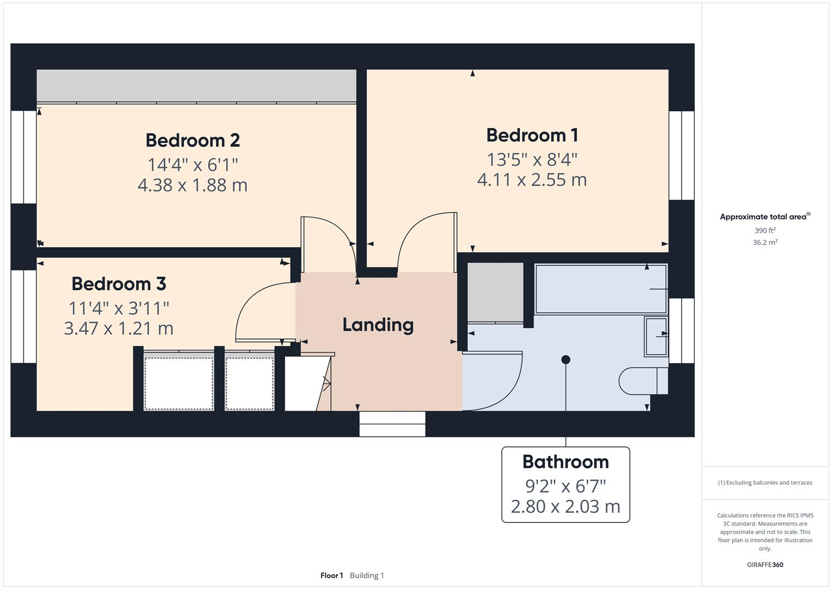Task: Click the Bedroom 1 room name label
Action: (x=532, y=135)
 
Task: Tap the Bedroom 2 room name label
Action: (x=192, y=140)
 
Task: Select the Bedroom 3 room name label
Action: (x=119, y=284)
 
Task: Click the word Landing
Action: (x=378, y=325)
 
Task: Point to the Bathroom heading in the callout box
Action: (x=565, y=462)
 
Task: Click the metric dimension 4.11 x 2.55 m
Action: (x=532, y=179)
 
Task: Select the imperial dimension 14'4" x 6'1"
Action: (x=192, y=164)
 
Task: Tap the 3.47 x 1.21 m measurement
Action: (x=119, y=328)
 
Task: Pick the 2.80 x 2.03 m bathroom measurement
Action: (x=565, y=506)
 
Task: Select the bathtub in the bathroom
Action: (x=600, y=289)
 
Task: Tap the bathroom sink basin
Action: (x=656, y=336)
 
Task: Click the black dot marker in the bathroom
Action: (x=566, y=359)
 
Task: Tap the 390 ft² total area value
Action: (x=764, y=231)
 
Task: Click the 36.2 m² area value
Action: (x=764, y=243)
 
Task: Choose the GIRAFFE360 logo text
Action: (x=764, y=564)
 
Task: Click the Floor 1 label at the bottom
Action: (x=331, y=575)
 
